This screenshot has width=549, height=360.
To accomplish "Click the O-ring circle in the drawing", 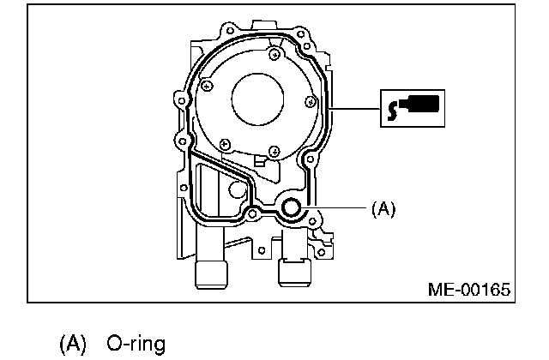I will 292,207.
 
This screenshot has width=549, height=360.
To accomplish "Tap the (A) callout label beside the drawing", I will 383,207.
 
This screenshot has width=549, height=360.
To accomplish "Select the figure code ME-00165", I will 468,289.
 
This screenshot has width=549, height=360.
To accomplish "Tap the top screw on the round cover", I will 273,54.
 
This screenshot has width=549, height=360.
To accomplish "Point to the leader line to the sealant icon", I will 356,110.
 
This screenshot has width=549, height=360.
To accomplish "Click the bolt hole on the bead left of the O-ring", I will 252,211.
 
